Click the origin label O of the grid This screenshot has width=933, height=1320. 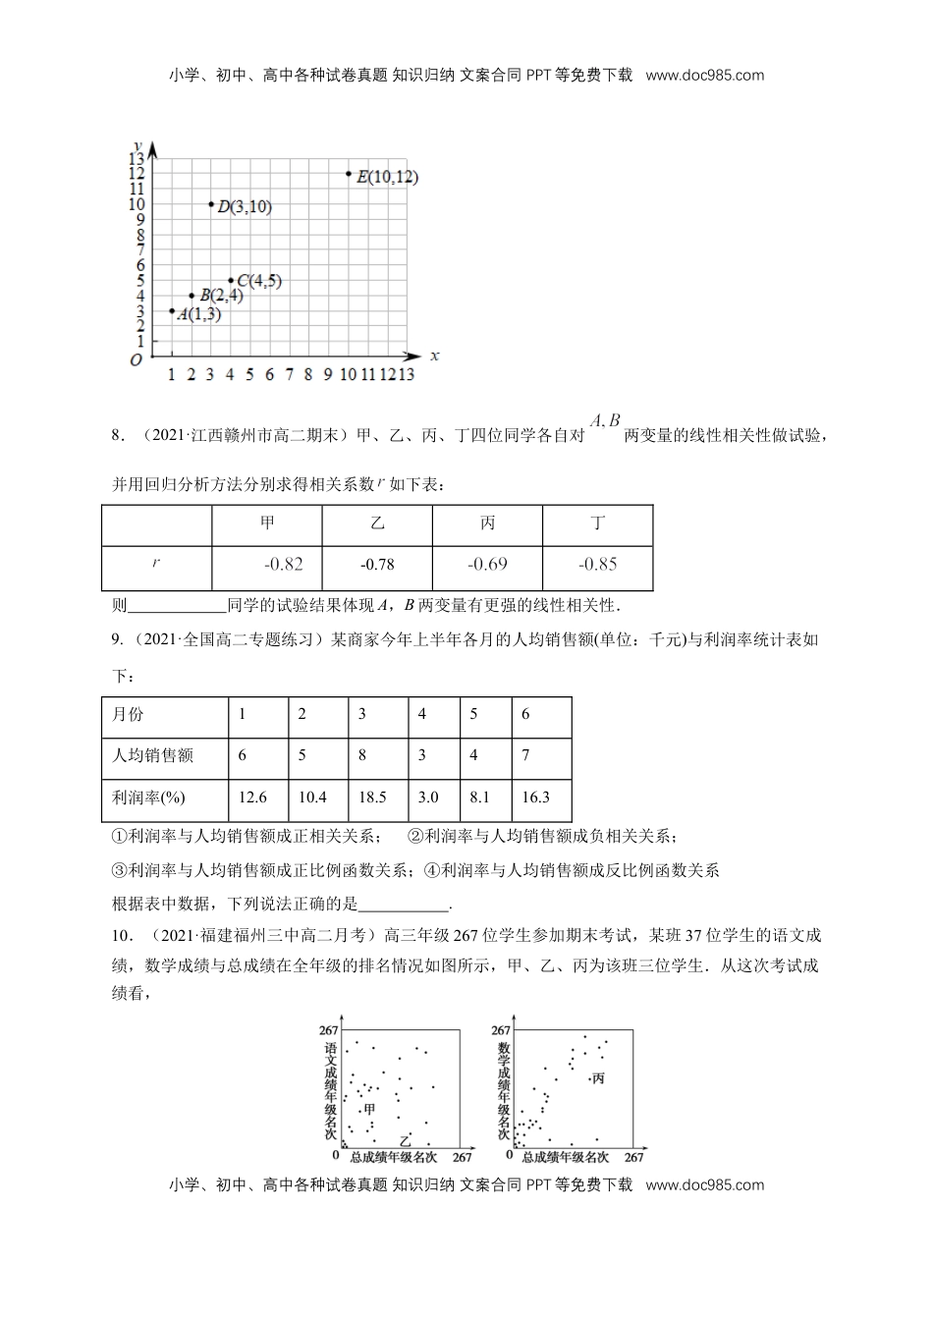(136, 361)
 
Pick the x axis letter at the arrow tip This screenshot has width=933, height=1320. (434, 355)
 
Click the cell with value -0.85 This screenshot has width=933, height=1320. (597, 564)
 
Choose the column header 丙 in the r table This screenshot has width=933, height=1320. (487, 523)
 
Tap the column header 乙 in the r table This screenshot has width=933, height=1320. (377, 523)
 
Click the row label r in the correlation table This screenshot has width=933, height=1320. (156, 564)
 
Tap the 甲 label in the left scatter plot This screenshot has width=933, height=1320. (369, 1109)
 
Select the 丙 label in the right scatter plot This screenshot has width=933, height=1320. (597, 1078)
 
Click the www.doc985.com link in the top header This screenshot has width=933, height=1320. (705, 75)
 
